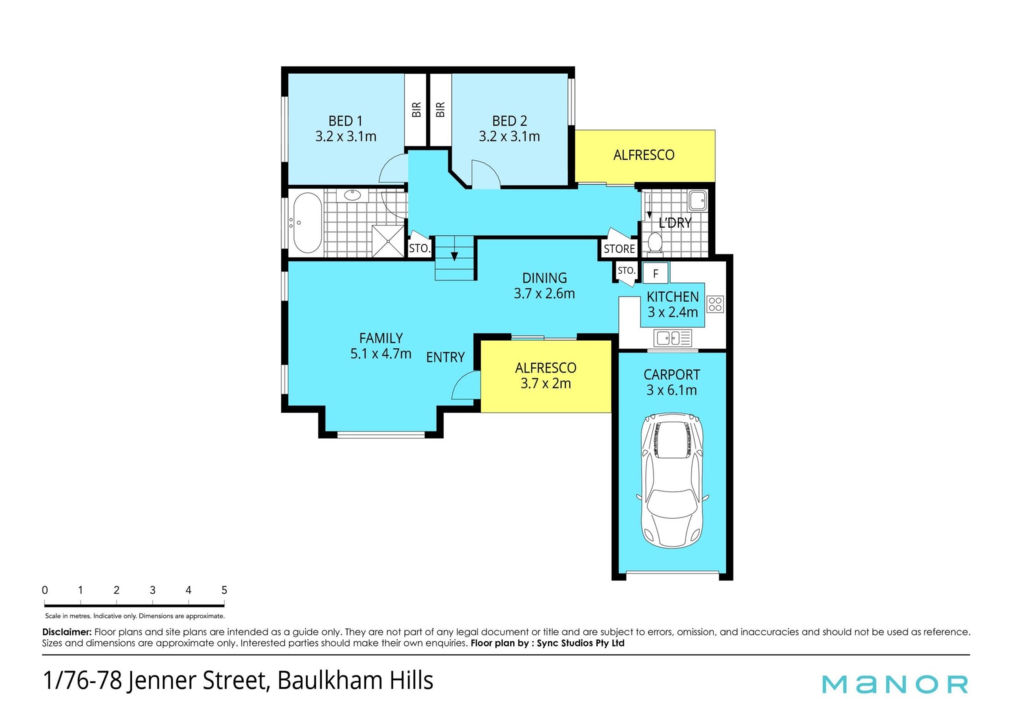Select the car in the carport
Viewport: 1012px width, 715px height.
(x=672, y=481)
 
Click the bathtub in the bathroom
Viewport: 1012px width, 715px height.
(x=307, y=223)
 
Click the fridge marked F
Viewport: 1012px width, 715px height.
(x=656, y=273)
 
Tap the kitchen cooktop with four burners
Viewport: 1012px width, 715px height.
(x=715, y=304)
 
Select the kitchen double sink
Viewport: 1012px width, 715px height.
(x=672, y=338)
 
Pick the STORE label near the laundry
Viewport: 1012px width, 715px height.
(x=619, y=249)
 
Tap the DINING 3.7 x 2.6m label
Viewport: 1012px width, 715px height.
(x=544, y=286)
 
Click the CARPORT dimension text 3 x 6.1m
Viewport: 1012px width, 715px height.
(x=672, y=390)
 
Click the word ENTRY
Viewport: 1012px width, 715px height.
(x=445, y=357)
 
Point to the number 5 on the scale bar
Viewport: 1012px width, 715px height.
(x=224, y=590)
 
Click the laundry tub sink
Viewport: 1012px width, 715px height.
(x=698, y=200)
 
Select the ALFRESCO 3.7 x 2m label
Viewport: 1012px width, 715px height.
(x=546, y=376)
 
